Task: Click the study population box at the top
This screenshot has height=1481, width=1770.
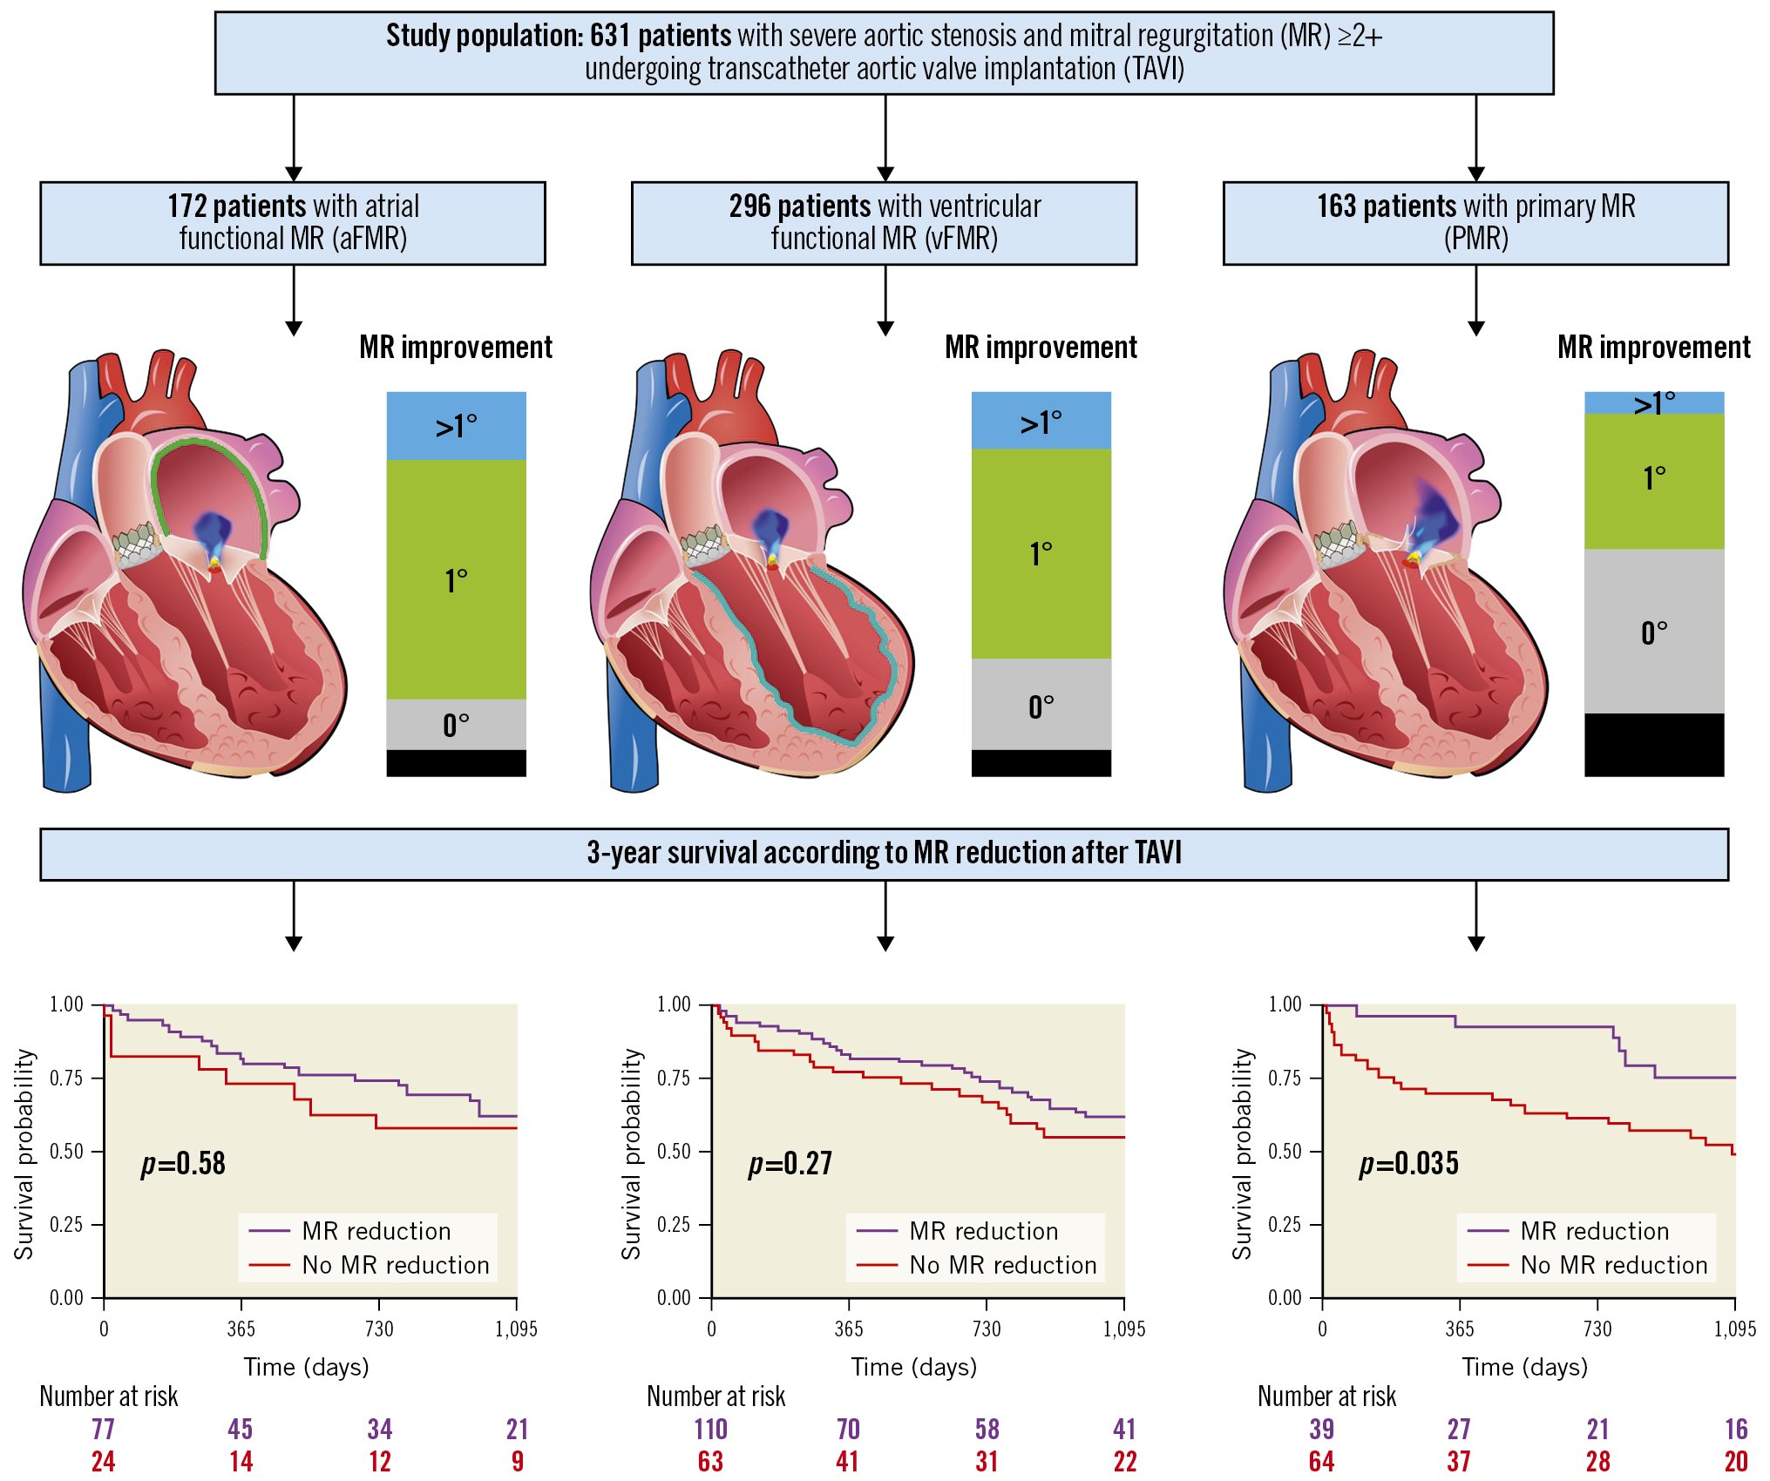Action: pos(884,52)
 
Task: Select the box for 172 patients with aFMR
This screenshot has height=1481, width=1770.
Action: pos(293,223)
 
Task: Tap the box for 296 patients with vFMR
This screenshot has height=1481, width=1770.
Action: pos(884,223)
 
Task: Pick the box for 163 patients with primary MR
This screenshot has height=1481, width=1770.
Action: pos(1475,223)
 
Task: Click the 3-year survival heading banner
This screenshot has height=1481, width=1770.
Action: pos(884,854)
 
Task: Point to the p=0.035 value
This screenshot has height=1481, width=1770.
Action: pos(1408,1164)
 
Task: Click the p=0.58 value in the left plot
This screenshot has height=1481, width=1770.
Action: pos(183,1164)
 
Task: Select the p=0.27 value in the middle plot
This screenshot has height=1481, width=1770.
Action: pos(790,1164)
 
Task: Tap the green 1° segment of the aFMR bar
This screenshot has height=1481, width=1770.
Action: pos(456,579)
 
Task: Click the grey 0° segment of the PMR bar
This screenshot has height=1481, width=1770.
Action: pos(1653,632)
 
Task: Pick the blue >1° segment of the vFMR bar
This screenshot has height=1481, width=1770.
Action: pos(1041,421)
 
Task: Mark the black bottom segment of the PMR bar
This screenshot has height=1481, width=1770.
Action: pos(1653,745)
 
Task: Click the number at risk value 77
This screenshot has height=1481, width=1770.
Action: pos(103,1430)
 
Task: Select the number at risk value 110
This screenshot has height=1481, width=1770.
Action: pos(710,1430)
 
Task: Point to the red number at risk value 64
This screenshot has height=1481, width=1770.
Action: pos(1321,1462)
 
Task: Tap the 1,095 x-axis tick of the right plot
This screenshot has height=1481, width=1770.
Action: pos(1735,1329)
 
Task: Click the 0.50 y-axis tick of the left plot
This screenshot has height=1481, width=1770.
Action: pos(66,1152)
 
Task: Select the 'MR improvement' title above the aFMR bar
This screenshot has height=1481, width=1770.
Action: pos(456,348)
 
